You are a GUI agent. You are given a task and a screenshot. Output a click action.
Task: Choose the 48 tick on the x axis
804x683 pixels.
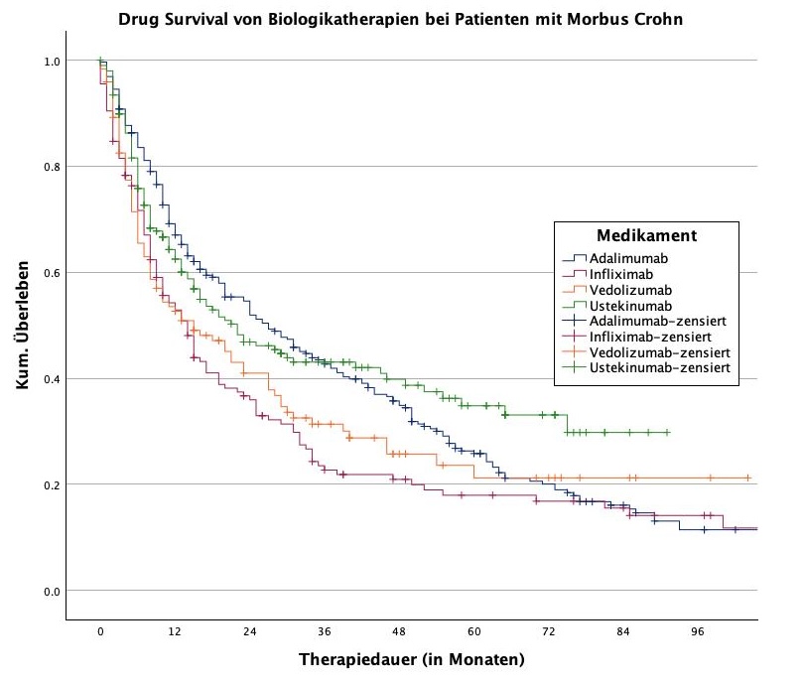coord(399,632)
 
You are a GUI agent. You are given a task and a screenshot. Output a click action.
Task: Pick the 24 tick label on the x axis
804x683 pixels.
coord(250,632)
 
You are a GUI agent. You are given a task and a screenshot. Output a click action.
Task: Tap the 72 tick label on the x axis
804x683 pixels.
coord(549,632)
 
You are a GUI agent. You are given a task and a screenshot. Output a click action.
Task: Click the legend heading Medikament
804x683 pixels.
coord(645,236)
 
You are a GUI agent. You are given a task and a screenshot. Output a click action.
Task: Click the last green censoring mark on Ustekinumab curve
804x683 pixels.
coord(667,433)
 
